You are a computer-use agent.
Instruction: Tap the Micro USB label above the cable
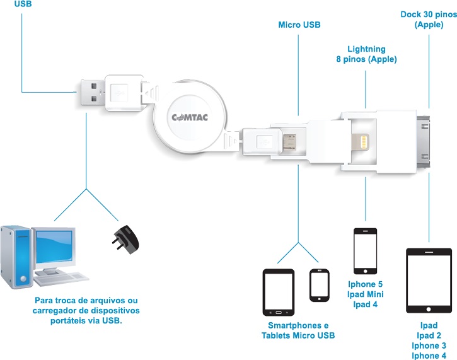pyautogui.click(x=299, y=25)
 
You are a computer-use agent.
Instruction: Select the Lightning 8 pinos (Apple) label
pyautogui.click(x=366, y=54)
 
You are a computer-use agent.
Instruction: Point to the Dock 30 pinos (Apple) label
pyautogui.click(x=429, y=19)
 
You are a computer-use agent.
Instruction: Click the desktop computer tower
pyautogui.click(x=15, y=255)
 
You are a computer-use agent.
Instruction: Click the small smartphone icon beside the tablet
pyautogui.click(x=320, y=285)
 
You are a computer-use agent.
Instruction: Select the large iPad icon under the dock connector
pyautogui.click(x=429, y=281)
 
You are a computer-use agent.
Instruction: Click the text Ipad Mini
pyautogui.click(x=366, y=294)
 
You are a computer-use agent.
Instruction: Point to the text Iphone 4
pyautogui.click(x=429, y=356)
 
